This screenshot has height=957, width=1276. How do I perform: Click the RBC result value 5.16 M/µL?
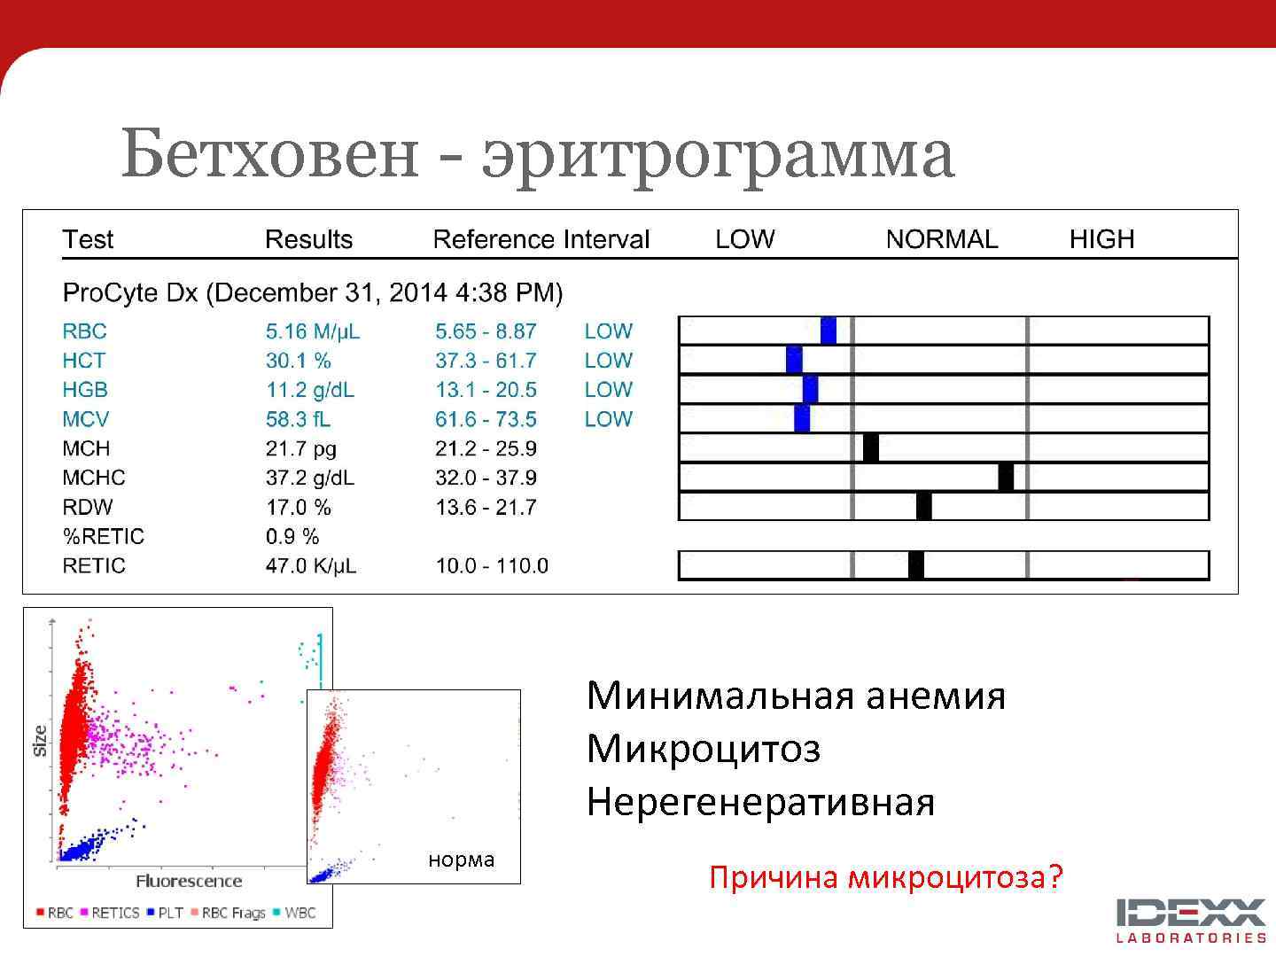[x=312, y=331]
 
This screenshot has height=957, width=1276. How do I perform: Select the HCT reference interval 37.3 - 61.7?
[x=486, y=361]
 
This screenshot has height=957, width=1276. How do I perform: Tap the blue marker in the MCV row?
[x=802, y=418]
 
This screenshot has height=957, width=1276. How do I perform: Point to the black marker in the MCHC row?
[x=1006, y=477]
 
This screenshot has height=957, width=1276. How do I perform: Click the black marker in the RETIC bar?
[x=916, y=565]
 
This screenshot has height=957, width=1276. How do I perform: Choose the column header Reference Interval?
[x=541, y=239]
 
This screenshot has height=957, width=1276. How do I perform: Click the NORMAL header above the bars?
[x=941, y=239]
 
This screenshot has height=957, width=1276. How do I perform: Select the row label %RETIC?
[x=103, y=536]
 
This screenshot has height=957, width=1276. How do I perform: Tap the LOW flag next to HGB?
[x=608, y=390]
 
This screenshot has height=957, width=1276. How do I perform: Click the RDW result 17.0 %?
[x=298, y=507]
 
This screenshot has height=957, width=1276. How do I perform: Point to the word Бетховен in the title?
[x=268, y=153]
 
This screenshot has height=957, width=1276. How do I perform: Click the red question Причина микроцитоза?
[x=885, y=877]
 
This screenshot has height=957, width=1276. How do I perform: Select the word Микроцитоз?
[x=703, y=749]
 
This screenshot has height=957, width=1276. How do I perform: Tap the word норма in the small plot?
[x=461, y=860]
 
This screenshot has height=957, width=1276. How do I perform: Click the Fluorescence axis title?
[x=189, y=881]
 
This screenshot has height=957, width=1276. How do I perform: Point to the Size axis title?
[x=40, y=741]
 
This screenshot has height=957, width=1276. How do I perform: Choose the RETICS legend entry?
[x=115, y=913]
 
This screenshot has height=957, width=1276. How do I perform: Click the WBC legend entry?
[x=300, y=913]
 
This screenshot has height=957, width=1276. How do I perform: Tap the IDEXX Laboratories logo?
[x=1191, y=920]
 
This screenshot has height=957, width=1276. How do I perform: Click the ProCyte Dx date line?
[x=312, y=293]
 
